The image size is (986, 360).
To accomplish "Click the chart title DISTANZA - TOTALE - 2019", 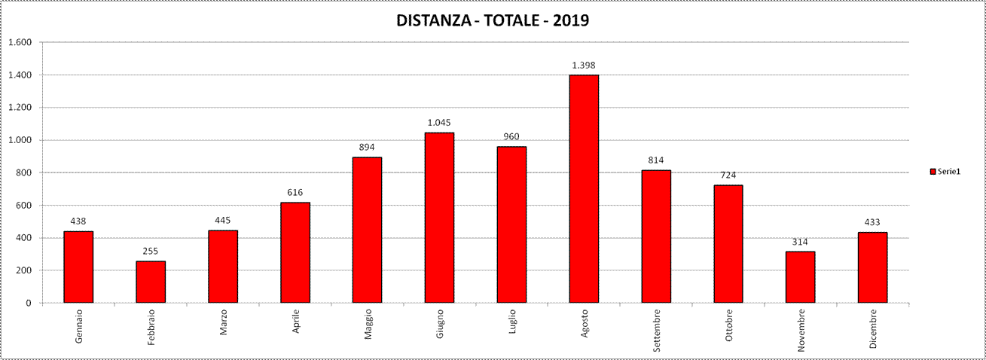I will pos(493,20).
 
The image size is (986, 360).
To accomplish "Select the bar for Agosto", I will pos(584,188).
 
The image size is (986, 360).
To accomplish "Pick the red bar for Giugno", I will pos(439,218).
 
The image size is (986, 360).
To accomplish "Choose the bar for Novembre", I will pos(800,277).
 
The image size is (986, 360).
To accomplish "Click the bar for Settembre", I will pos(656,236).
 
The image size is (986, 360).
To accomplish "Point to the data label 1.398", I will pos(584,65).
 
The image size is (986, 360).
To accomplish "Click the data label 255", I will pos(151,251).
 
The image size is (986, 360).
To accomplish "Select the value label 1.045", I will pos(439,122).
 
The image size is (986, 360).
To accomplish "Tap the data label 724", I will pos(728,175).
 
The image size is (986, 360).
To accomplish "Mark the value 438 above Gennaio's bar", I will pos(78,221).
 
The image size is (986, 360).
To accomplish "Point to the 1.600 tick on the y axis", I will pos(20,42).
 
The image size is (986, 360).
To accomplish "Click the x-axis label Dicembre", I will pos(873,329).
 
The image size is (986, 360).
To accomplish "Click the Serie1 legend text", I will pos(949,172).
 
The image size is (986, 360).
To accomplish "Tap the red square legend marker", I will pos(933,172).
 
